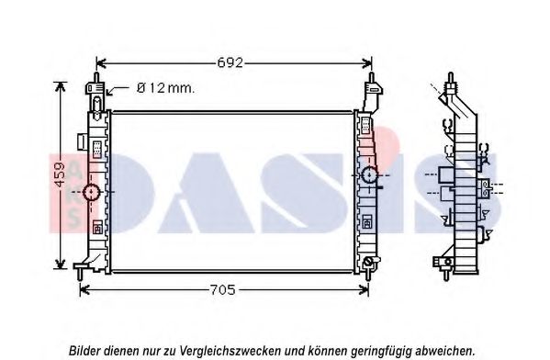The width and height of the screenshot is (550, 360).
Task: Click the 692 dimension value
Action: [230, 63]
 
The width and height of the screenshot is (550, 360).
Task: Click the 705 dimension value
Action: [222, 290]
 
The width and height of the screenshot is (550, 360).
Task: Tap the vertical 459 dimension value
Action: [60, 174]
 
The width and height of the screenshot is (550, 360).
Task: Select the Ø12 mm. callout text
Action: [165, 88]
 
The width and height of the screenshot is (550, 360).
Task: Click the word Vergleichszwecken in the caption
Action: [230, 350]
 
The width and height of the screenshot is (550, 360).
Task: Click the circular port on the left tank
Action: [92, 192]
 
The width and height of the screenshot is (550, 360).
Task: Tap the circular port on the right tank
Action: [370, 174]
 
